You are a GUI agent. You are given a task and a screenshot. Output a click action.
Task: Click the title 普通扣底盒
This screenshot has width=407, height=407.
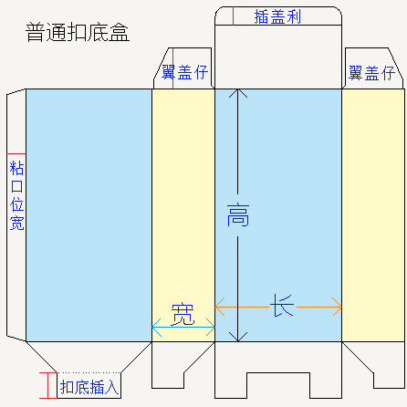point(78,32)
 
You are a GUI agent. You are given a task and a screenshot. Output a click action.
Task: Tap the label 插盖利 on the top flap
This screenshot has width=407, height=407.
point(277,16)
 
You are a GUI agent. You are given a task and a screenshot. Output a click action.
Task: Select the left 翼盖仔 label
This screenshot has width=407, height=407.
point(184,72)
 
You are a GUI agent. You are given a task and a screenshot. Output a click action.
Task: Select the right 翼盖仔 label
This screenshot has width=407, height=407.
point(371,73)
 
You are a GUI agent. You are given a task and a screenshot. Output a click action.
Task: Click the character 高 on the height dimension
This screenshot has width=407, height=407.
point(238,215)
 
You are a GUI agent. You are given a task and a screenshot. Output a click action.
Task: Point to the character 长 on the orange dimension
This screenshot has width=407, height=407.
point(282,306)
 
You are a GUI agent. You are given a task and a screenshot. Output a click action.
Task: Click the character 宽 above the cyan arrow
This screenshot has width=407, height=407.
point(183,314)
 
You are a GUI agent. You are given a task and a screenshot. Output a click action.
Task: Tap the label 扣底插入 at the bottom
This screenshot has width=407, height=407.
point(89,387)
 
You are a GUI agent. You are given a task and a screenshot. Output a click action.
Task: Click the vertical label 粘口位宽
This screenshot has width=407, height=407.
point(16,195)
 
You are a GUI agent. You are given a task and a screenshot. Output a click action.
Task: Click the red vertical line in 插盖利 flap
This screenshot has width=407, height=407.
point(234,16)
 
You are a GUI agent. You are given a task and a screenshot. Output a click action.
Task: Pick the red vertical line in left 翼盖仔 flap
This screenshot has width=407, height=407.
point(172,68)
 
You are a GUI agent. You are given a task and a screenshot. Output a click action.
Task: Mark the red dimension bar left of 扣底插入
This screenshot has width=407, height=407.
point(48,385)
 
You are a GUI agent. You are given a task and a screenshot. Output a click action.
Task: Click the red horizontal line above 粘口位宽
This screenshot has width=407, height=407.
point(16,154)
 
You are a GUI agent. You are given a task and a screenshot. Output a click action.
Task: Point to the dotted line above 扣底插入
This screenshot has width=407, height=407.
point(89,372)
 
